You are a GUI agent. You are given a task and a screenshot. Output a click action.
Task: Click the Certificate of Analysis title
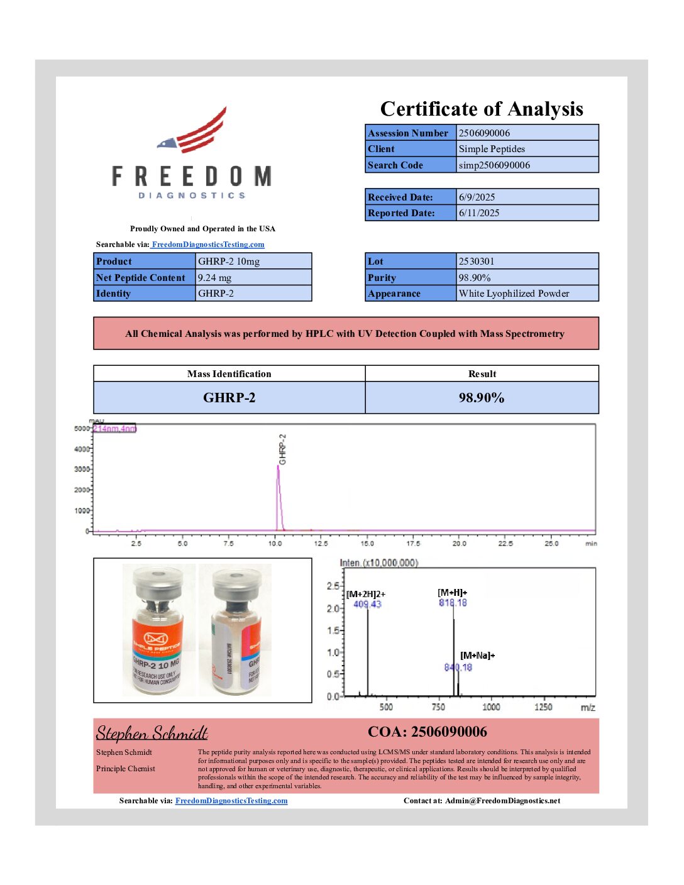pyautogui.click(x=482, y=109)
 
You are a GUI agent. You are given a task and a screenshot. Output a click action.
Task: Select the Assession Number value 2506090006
pyautogui.click(x=484, y=133)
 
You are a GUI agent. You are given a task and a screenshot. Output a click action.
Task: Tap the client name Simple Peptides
pyautogui.click(x=492, y=149)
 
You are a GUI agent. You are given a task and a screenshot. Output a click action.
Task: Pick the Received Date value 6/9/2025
pyautogui.click(x=477, y=197)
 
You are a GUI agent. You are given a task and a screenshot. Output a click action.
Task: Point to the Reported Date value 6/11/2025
pyautogui.click(x=479, y=213)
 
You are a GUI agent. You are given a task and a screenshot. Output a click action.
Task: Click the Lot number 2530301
pyautogui.click(x=476, y=261)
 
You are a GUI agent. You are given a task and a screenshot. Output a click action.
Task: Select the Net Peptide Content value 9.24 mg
pyautogui.click(x=214, y=278)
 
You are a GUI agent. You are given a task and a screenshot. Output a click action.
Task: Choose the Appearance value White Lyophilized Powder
pyautogui.click(x=514, y=294)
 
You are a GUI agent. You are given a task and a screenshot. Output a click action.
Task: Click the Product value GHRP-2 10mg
pyautogui.click(x=229, y=261)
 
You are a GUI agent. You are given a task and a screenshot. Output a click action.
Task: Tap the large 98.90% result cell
pyautogui.click(x=482, y=398)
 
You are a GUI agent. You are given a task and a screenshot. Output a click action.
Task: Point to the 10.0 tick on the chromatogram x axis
pyautogui.click(x=275, y=544)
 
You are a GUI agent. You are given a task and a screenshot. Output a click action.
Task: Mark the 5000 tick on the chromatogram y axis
pyautogui.click(x=82, y=429)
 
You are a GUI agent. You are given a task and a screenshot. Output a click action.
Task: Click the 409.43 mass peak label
pyautogui.click(x=367, y=605)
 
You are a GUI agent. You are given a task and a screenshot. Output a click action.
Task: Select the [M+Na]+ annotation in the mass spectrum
pyautogui.click(x=477, y=656)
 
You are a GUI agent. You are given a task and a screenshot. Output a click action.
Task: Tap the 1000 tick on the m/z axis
pyautogui.click(x=491, y=707)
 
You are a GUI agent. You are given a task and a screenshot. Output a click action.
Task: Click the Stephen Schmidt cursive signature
pyautogui.click(x=152, y=734)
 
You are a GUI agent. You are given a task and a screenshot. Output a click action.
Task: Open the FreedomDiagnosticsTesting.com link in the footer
pyautogui.click(x=231, y=801)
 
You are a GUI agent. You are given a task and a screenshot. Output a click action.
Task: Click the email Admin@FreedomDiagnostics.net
pyautogui.click(x=502, y=801)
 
